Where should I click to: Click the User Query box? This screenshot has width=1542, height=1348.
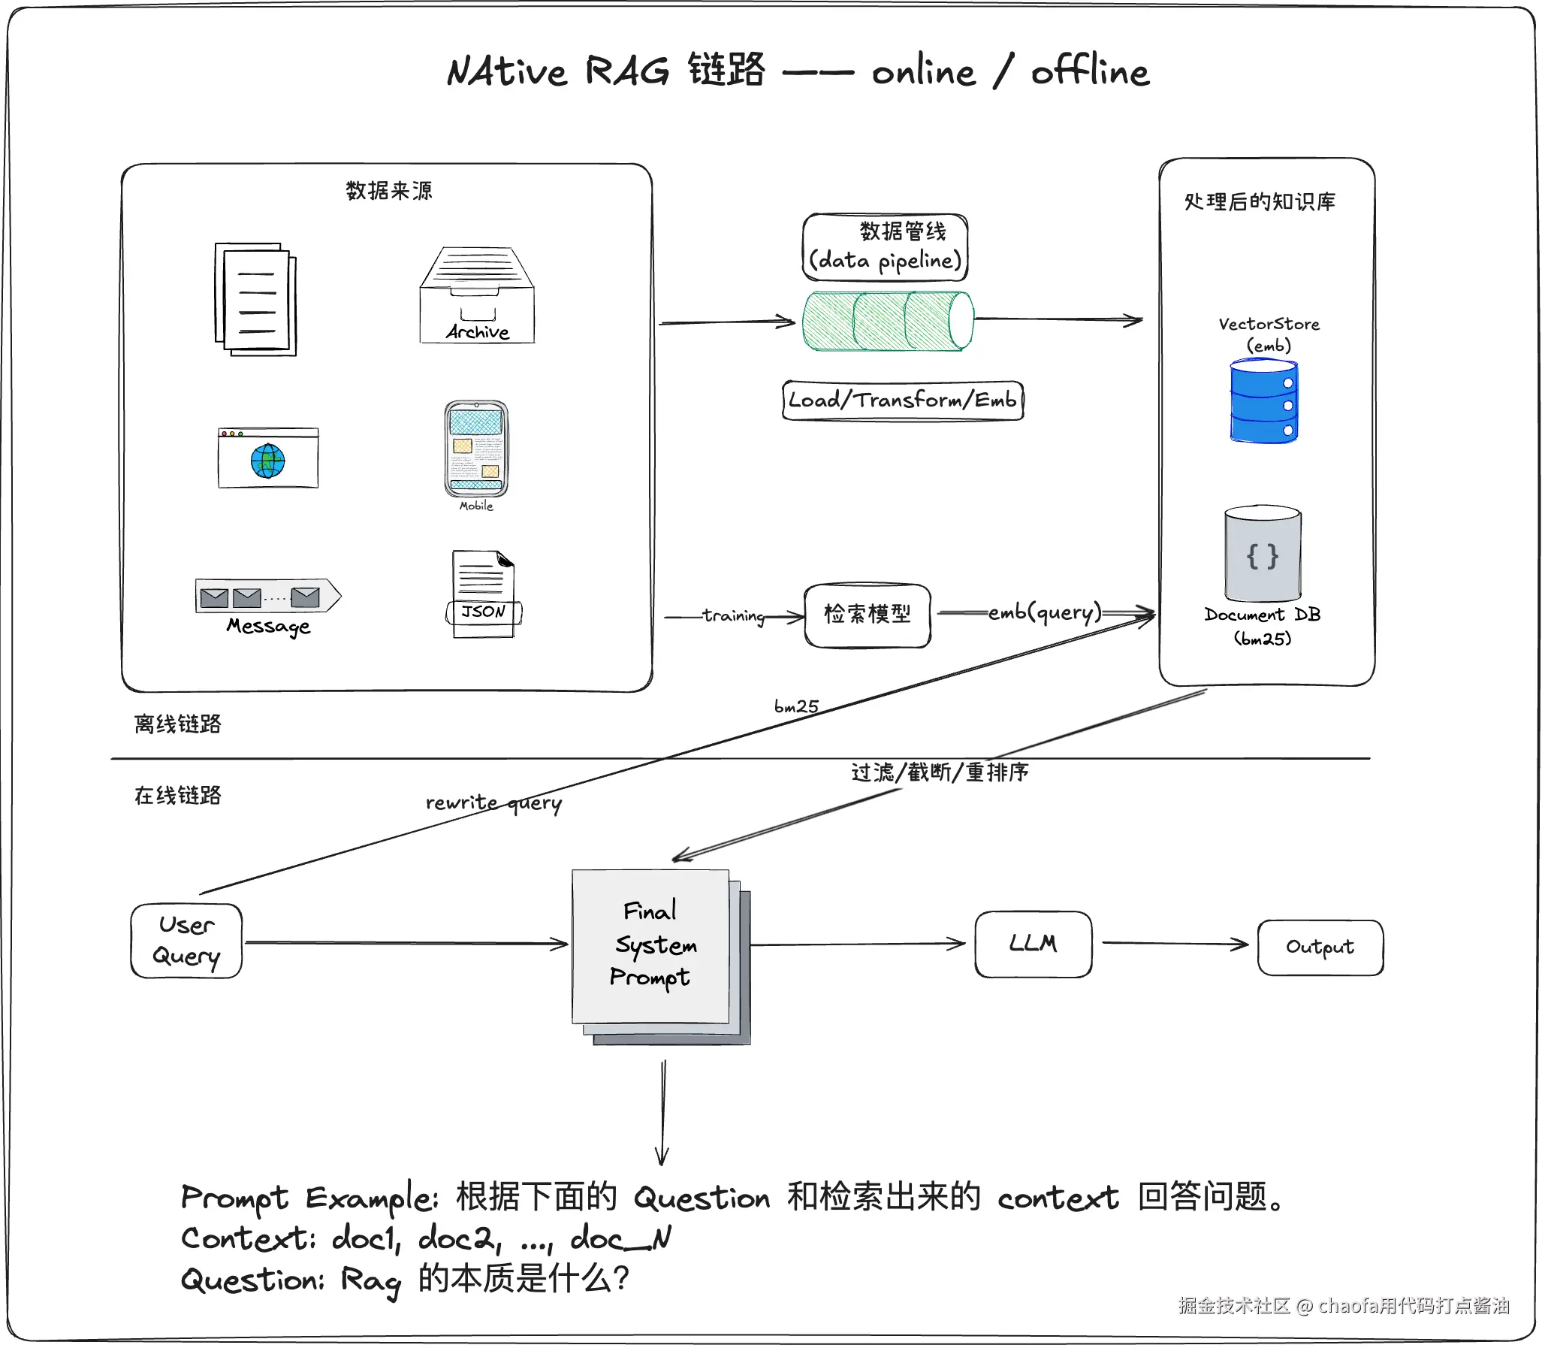(x=186, y=941)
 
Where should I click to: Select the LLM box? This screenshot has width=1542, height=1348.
(x=1033, y=944)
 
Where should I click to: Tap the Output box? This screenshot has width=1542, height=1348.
(x=1320, y=947)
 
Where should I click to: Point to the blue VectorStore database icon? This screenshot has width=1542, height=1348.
(x=1264, y=402)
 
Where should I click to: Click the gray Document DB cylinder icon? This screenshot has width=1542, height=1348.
(x=1263, y=554)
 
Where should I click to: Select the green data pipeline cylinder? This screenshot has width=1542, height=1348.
(x=887, y=321)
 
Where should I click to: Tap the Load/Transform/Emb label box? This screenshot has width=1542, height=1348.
(x=902, y=400)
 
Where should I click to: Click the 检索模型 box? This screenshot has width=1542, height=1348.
(x=868, y=615)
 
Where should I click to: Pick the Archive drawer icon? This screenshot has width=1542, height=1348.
(x=478, y=295)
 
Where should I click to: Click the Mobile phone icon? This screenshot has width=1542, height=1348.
(x=477, y=449)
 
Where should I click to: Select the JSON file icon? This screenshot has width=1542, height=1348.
(x=484, y=594)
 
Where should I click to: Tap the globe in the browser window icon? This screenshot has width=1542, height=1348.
(x=267, y=461)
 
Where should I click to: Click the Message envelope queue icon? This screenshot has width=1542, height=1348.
(x=267, y=597)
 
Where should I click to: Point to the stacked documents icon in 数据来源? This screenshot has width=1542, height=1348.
(x=255, y=299)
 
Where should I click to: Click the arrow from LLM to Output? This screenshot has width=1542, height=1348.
(x=1175, y=943)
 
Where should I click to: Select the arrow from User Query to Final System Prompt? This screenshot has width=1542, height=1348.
(x=406, y=942)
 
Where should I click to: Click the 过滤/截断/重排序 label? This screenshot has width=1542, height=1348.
(x=939, y=772)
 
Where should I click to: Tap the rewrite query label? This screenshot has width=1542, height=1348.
(x=493, y=803)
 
